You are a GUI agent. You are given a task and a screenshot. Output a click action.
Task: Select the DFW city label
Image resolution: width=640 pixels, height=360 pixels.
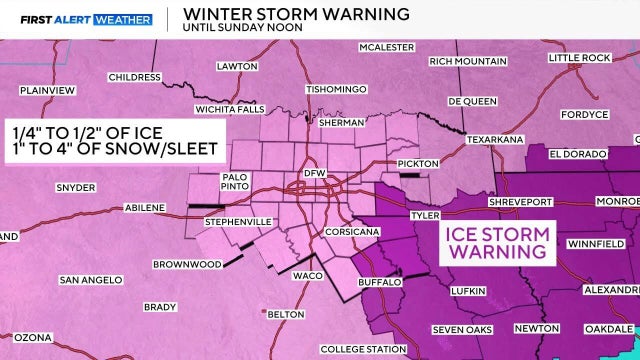pos(315,173)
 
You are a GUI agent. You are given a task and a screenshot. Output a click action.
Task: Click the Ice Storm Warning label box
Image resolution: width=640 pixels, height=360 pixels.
pos(496,242)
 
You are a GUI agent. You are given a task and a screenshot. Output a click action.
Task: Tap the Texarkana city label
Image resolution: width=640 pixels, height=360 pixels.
pos(498,139)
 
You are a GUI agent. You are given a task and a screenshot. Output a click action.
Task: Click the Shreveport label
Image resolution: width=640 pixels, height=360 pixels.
pos(493,201)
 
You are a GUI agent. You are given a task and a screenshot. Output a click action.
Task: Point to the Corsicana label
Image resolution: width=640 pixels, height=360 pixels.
pos(350,231)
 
